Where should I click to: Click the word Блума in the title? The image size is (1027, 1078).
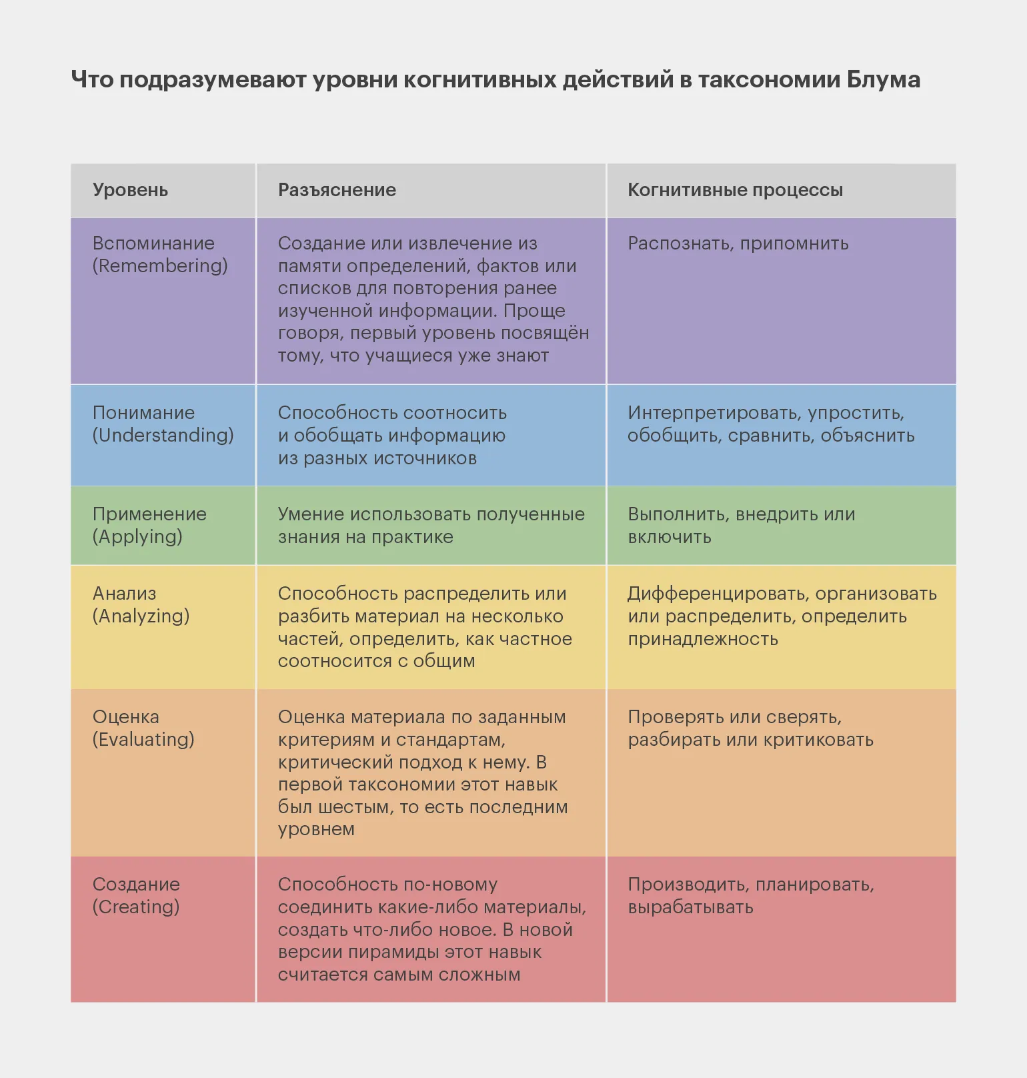pyautogui.click(x=884, y=79)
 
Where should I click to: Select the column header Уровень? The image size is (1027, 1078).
pyautogui.click(x=130, y=190)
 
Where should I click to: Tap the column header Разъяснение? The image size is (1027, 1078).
pyautogui.click(x=337, y=190)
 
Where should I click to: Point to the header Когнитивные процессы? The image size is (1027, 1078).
pyautogui.click(x=735, y=190)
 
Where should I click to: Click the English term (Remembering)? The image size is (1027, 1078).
pyautogui.click(x=160, y=265)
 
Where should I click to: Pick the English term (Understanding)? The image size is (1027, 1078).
pyautogui.click(x=163, y=435)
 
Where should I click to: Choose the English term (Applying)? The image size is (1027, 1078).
pyautogui.click(x=137, y=536)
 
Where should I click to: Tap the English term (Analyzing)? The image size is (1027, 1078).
pyautogui.click(x=141, y=616)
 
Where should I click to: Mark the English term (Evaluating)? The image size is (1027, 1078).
pyautogui.click(x=143, y=739)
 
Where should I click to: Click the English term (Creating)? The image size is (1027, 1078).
pyautogui.click(x=136, y=907)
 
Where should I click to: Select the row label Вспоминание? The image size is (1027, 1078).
pyautogui.click(x=153, y=243)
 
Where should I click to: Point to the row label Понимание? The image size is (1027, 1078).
pyautogui.click(x=143, y=413)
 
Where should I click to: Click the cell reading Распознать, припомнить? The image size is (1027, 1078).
pyautogui.click(x=738, y=243)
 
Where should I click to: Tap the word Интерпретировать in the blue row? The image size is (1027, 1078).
pyautogui.click(x=715, y=413)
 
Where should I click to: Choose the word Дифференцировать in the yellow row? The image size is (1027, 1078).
pyautogui.click(x=718, y=594)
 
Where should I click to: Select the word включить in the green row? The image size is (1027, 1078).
pyautogui.click(x=670, y=537)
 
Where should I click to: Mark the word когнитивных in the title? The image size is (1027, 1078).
pyautogui.click(x=480, y=79)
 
